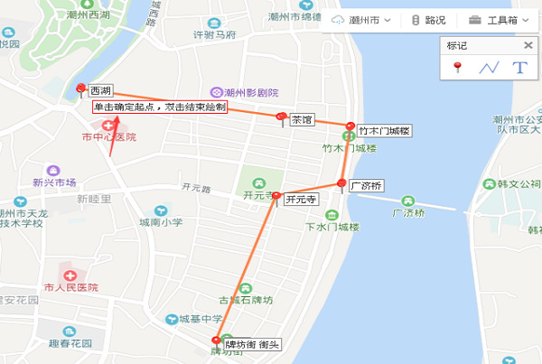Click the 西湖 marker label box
[100, 91]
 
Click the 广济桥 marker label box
[367, 186]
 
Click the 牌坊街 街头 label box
[253, 344]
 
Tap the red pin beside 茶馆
[282, 117]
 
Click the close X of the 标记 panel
[528, 45]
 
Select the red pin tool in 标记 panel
[458, 67]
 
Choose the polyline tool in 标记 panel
[489, 68]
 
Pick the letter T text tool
[519, 68]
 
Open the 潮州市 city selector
[363, 20]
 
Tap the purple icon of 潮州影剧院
[216, 92]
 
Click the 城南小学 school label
[161, 221]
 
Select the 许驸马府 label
[215, 35]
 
